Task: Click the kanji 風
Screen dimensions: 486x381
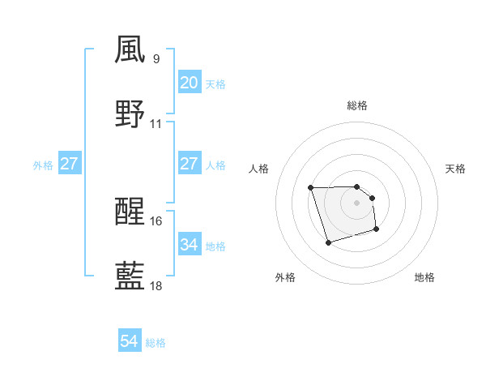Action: click(130, 50)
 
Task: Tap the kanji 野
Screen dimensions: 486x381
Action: click(130, 114)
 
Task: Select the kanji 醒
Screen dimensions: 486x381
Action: click(130, 212)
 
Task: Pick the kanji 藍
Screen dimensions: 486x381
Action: click(130, 276)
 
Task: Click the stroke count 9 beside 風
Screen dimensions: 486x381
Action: click(156, 59)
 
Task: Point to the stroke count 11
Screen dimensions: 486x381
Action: click(156, 124)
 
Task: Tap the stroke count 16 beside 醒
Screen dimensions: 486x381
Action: click(156, 220)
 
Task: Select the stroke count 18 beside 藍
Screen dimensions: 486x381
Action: click(156, 285)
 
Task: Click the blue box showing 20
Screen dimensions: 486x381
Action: click(189, 83)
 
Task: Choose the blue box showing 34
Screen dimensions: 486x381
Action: click(189, 244)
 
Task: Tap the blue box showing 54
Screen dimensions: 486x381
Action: click(129, 342)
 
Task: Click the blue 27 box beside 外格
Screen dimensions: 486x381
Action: click(69, 164)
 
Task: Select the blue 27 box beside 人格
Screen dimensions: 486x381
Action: click(189, 164)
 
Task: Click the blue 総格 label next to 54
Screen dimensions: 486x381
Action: click(156, 343)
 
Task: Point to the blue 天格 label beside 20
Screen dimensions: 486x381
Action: click(215, 83)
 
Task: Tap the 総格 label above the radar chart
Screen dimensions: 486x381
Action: click(357, 105)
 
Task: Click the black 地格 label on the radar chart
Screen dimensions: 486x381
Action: click(424, 277)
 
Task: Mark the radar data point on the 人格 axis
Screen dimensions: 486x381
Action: click(311, 188)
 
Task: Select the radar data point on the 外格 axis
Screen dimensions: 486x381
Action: click(328, 242)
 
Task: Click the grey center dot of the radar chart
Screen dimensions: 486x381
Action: click(357, 203)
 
